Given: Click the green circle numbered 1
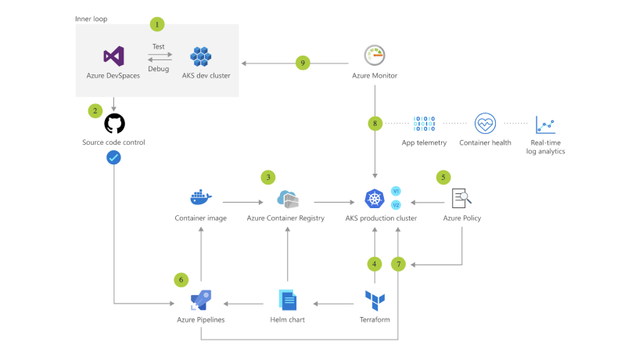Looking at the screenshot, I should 157,25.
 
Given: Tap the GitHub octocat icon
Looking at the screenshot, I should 114,124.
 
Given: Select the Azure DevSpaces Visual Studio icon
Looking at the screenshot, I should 113,56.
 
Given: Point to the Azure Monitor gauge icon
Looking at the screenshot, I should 375,56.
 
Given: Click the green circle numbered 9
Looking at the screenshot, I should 303,63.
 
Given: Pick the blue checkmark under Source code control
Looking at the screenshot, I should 113,157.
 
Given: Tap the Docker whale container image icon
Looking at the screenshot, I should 201,197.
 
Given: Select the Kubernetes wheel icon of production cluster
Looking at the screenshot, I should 374,198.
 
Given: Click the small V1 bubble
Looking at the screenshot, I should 396,191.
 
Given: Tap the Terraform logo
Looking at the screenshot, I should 375,300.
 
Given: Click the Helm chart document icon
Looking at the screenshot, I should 288,300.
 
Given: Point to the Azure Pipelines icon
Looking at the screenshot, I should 201,301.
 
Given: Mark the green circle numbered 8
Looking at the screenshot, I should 375,123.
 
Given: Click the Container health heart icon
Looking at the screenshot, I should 484,124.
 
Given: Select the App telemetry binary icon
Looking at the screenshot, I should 424,124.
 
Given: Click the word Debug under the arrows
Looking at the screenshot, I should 158,69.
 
